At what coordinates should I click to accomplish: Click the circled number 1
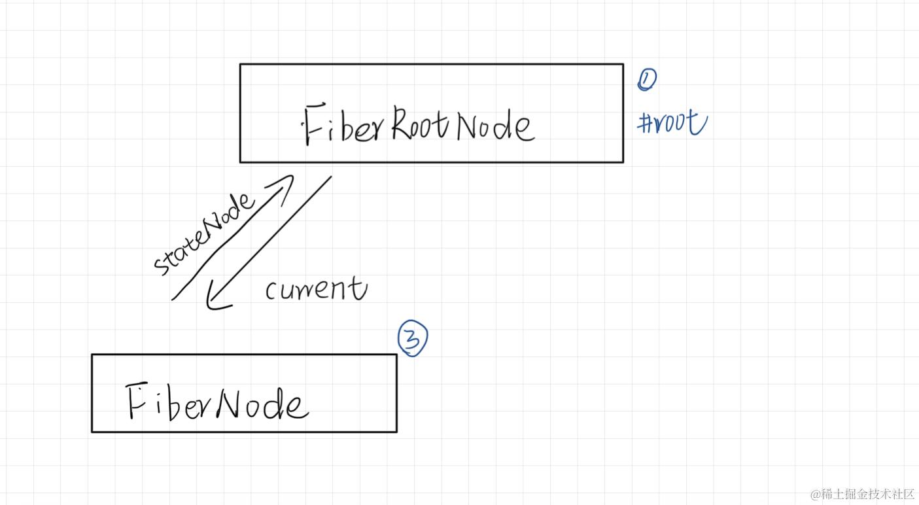pyautogui.click(x=646, y=79)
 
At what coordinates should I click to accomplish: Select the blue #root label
pyautogui.click(x=672, y=122)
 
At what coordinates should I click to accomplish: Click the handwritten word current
pyautogui.click(x=316, y=288)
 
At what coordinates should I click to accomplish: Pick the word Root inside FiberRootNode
pyautogui.click(x=421, y=122)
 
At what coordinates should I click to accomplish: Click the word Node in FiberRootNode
pyautogui.click(x=494, y=126)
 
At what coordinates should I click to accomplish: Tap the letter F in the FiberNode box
pyautogui.click(x=136, y=400)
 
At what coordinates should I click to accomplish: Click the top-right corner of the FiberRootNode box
pyautogui.click(x=623, y=64)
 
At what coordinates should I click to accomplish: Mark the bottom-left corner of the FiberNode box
pyautogui.click(x=92, y=432)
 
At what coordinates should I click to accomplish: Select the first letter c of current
pyautogui.click(x=271, y=291)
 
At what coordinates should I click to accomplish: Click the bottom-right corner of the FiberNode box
pyautogui.click(x=396, y=432)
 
